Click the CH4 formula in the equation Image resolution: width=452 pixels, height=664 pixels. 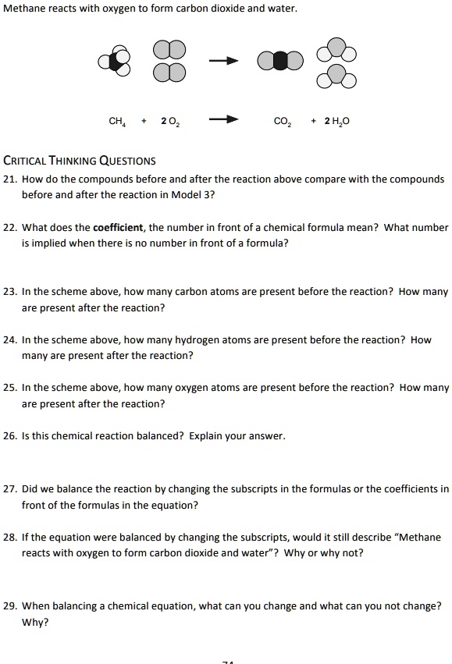point(118,121)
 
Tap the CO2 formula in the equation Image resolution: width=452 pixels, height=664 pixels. point(283,121)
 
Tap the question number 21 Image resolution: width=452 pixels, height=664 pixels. point(10,179)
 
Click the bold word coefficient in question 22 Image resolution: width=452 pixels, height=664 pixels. point(118,228)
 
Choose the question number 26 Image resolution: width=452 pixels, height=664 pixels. point(10,436)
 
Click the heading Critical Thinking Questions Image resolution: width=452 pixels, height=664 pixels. point(80,162)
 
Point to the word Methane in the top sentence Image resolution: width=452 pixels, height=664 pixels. point(23,9)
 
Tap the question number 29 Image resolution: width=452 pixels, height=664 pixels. point(10,605)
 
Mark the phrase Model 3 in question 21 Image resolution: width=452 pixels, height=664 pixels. point(175,195)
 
